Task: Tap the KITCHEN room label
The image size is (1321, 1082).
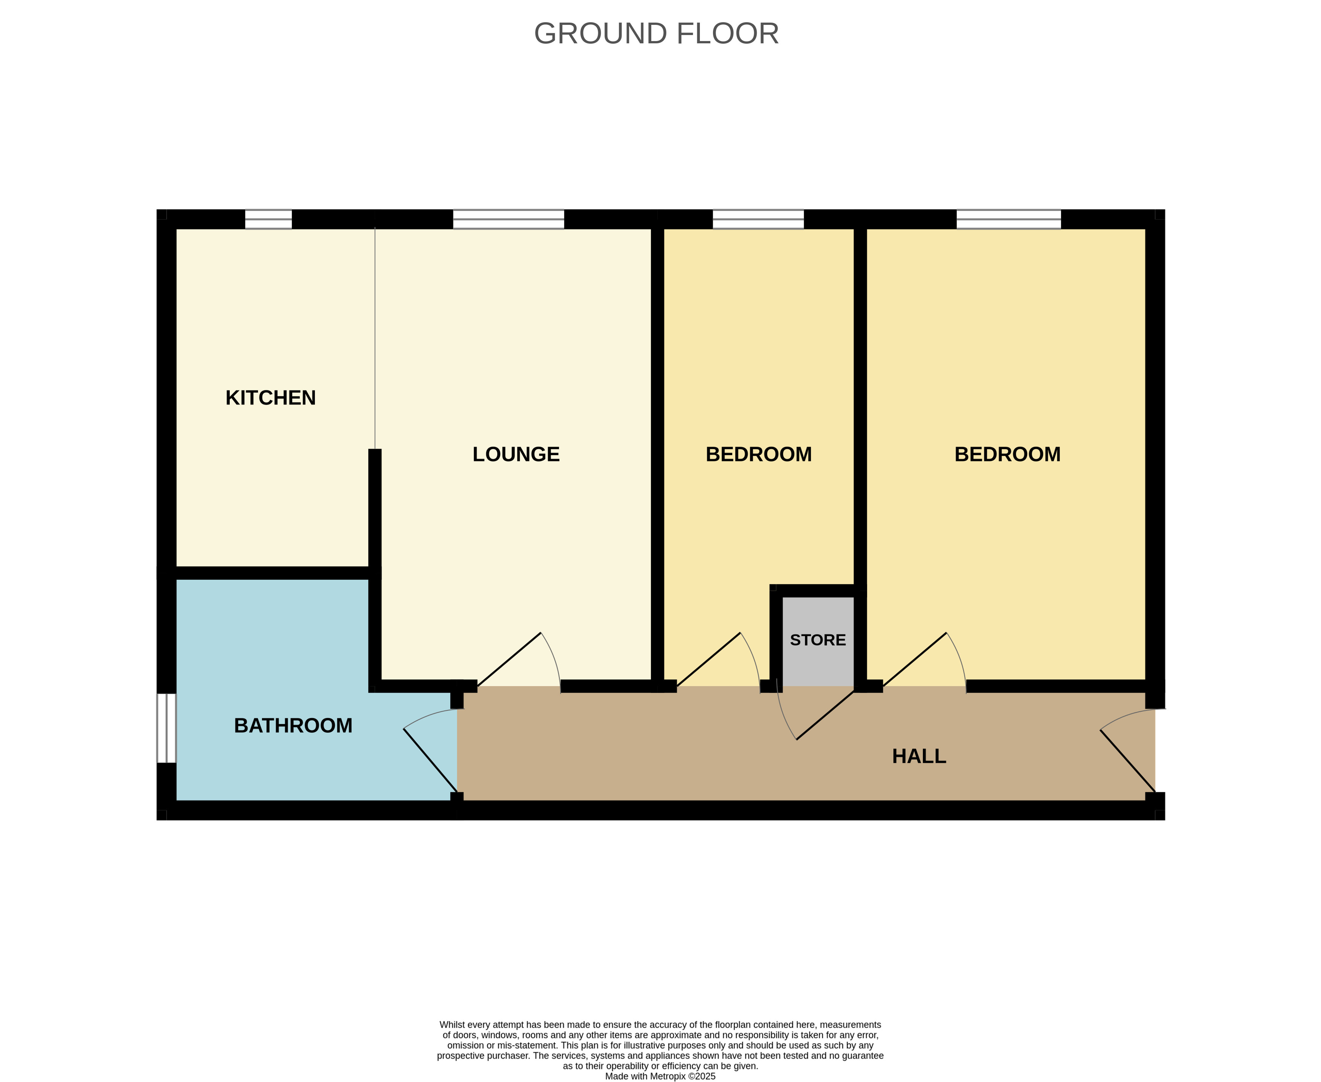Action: (270, 397)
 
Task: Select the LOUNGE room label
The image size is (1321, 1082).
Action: (516, 454)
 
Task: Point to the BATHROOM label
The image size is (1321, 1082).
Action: (293, 726)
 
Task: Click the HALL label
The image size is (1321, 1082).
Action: (918, 756)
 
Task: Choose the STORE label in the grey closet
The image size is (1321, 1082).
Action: (817, 640)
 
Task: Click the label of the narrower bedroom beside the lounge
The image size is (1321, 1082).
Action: (758, 454)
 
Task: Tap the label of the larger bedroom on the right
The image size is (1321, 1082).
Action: (1007, 454)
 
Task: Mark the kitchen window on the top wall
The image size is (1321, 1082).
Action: (268, 219)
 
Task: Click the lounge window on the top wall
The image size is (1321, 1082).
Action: (509, 219)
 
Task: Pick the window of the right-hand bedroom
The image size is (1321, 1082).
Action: (1008, 219)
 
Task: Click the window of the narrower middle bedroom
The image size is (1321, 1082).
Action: (758, 219)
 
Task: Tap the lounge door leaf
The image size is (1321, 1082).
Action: (509, 659)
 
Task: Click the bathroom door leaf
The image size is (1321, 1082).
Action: (430, 760)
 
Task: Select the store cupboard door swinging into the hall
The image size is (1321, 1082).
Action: (825, 715)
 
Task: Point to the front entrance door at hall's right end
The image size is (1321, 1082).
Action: (1127, 760)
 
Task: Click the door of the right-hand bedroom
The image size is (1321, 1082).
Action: (915, 659)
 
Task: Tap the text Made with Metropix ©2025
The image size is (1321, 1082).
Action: (660, 1076)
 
